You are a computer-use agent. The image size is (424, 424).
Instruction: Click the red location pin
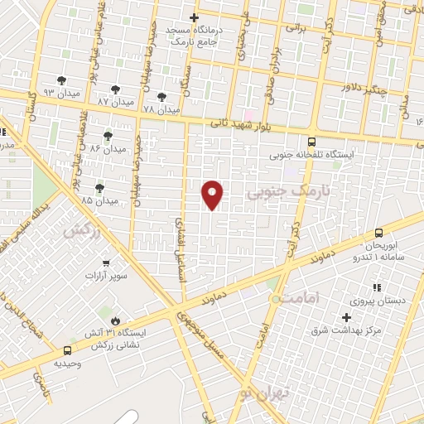pos(213,194)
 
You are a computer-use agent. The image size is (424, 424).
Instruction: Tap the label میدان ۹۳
pos(60,93)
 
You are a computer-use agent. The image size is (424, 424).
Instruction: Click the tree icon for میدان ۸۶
pos(108,135)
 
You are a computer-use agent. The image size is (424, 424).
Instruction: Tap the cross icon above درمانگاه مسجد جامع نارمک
pos(195,17)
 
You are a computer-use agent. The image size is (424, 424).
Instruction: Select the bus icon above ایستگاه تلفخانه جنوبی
pos(311,141)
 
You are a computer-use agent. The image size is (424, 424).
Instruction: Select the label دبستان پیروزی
pos(395,300)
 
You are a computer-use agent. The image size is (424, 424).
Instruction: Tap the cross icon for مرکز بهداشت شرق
pos(346,318)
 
